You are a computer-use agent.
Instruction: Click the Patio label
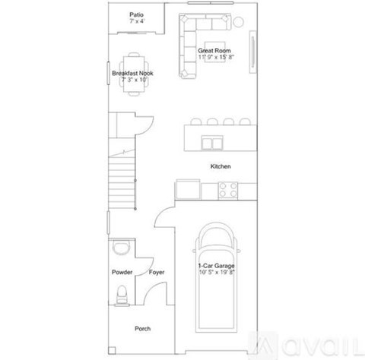pyautogui.click(x=136, y=14)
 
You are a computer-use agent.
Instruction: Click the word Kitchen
pyautogui.click(x=221, y=166)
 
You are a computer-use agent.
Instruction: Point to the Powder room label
pyautogui.click(x=122, y=272)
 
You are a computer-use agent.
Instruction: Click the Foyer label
pyautogui.click(x=157, y=272)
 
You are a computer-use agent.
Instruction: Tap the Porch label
pyautogui.click(x=142, y=328)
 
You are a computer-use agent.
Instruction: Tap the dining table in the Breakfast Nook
pyautogui.click(x=134, y=73)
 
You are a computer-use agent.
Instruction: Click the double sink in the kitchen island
pyautogui.click(x=213, y=142)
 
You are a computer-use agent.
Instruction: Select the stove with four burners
pyautogui.click(x=228, y=189)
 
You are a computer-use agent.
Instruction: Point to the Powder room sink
pyautogui.click(x=120, y=248)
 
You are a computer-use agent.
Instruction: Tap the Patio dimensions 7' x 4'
pyautogui.click(x=136, y=21)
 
